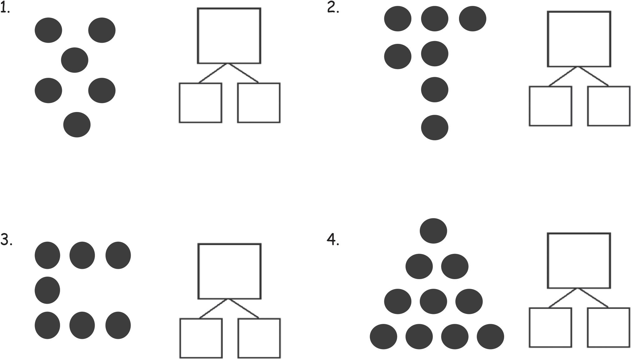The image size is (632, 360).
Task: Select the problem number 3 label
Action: (6, 240)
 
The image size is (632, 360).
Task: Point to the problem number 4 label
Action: (333, 240)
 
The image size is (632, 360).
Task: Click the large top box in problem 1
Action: (229, 36)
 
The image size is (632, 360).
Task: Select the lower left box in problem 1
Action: (200, 103)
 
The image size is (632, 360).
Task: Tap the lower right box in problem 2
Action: (608, 106)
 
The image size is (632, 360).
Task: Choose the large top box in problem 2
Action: (579, 39)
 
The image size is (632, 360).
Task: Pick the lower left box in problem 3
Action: (201, 338)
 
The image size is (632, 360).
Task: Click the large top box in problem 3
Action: (229, 271)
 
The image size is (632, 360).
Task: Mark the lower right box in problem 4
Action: (608, 327)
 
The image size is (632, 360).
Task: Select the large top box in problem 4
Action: (579, 261)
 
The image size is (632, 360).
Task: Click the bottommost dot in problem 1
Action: (77, 124)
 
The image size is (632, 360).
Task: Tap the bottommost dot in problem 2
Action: (434, 128)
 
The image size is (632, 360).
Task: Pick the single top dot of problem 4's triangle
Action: (433, 231)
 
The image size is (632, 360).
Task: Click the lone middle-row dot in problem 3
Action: (47, 290)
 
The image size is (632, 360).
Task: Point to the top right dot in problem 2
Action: (472, 19)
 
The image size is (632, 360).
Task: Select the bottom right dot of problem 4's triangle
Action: (490, 336)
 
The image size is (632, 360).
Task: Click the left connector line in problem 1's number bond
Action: (213, 73)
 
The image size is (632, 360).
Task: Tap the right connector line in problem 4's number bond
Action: (593, 298)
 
